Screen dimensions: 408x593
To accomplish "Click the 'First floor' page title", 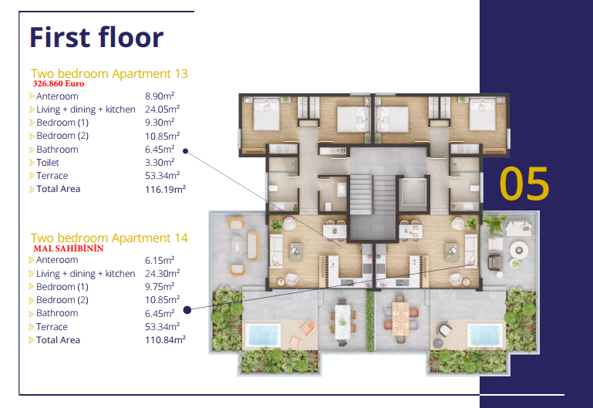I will (x=96, y=37).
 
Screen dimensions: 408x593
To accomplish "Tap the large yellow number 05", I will (x=524, y=184).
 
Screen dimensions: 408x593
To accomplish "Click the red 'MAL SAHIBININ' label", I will (x=69, y=248).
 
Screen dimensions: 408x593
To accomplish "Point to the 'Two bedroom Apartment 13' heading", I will (x=110, y=73).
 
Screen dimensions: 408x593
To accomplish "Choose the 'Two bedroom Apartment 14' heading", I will (x=110, y=238).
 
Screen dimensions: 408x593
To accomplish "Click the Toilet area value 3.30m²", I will (x=160, y=163).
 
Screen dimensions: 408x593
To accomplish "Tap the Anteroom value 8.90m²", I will (x=160, y=96).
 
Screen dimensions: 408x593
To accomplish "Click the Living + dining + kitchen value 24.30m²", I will (x=162, y=274).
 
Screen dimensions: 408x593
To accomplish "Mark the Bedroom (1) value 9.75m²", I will (x=160, y=287).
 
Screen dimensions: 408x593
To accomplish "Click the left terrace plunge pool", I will (x=263, y=335).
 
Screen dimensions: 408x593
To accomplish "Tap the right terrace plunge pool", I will (x=486, y=335).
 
